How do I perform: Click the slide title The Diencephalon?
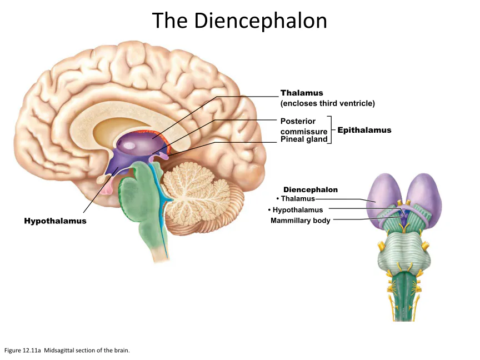(239, 21)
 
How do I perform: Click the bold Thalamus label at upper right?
(302, 93)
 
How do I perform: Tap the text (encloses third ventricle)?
(328, 103)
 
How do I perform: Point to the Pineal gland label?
(304, 139)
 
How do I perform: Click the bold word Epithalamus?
(364, 130)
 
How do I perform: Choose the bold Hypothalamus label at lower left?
(56, 221)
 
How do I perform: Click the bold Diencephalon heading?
(311, 189)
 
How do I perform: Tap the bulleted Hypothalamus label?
(296, 209)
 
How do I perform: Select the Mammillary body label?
(301, 221)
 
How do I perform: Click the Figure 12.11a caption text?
(67, 351)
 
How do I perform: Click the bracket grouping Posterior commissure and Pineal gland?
(331, 130)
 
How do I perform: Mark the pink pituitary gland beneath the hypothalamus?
(107, 186)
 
